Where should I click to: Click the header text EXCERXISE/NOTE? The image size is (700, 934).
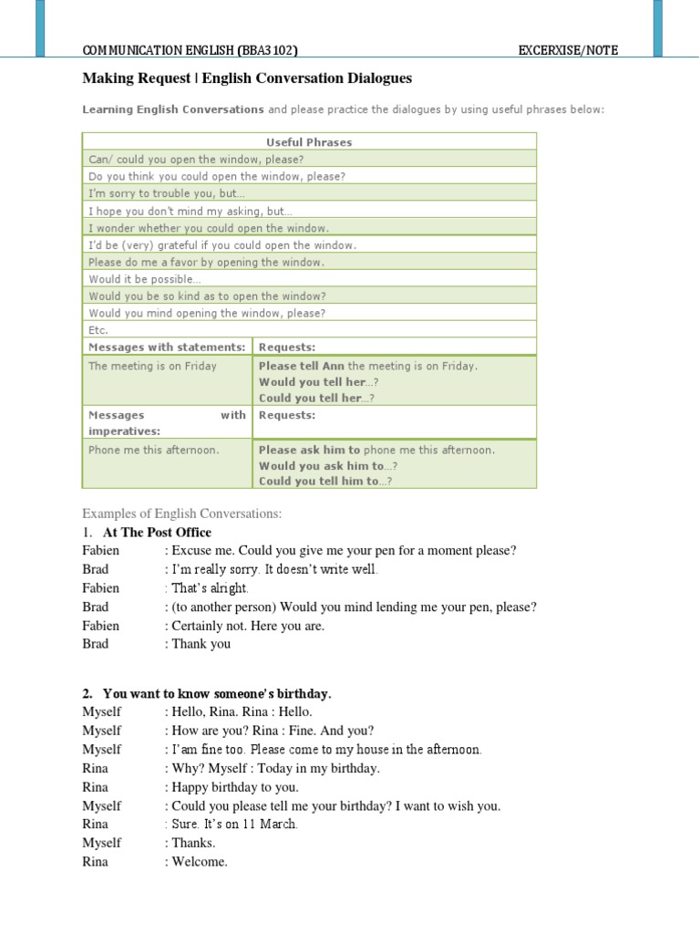[568, 50]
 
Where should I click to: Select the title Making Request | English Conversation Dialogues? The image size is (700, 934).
[247, 79]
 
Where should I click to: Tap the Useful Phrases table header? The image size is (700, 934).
[309, 142]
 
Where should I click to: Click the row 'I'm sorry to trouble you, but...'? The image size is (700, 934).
[167, 193]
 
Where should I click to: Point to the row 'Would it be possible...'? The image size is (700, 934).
[145, 279]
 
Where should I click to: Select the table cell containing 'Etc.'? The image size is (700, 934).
[98, 330]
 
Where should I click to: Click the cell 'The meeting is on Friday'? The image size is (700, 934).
[153, 366]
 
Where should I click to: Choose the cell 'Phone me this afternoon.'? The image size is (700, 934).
[154, 450]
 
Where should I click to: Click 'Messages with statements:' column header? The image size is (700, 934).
[167, 347]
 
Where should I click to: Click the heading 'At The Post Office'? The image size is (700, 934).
[157, 532]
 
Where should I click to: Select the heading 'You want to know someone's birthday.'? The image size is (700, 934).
[217, 694]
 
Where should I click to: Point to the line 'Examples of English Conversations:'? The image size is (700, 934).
[182, 514]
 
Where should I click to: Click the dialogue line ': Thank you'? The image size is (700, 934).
[198, 644]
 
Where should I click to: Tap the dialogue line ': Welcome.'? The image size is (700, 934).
[196, 862]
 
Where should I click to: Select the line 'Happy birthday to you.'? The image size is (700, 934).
[234, 787]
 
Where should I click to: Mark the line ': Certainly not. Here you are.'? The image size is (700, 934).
[244, 626]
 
